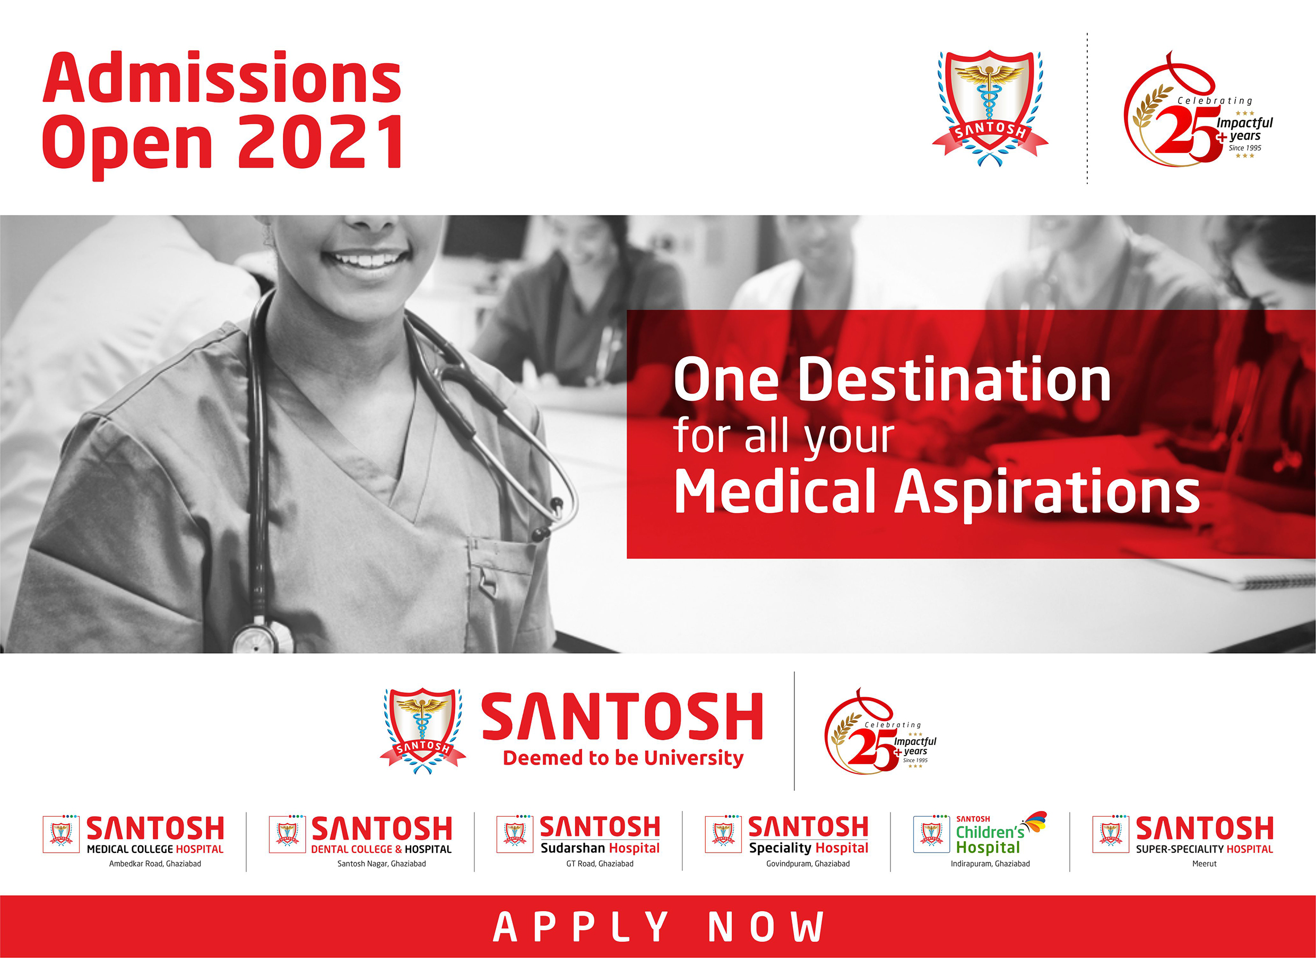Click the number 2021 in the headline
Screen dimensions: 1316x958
click(321, 141)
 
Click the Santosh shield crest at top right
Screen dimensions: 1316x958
click(990, 108)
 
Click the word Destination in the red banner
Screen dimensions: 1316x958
click(955, 380)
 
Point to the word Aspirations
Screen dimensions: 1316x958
click(1047, 492)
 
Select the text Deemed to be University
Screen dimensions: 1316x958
click(623, 758)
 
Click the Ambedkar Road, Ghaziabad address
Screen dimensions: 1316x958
click(155, 864)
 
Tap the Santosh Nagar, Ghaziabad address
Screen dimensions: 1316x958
click(381, 864)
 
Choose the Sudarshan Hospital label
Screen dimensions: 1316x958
click(600, 848)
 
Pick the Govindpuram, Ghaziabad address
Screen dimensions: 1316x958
click(808, 864)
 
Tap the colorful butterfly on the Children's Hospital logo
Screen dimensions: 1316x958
click(1035, 822)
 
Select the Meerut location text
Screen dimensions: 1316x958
click(1204, 864)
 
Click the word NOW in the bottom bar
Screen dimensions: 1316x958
click(765, 927)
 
